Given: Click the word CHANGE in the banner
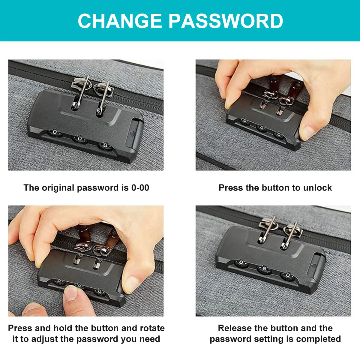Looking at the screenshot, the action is click(120, 21).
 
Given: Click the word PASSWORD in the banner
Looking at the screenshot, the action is click(226, 21).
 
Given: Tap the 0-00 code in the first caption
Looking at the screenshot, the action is click(140, 187).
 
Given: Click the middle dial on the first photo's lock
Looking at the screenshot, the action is click(80, 139).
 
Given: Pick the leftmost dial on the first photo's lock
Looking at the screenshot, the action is click(55, 133).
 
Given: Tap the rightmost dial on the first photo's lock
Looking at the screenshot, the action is click(105, 146).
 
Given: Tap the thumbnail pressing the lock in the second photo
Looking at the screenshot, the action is click(307, 132).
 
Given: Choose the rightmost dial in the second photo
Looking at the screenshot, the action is click(279, 134).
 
